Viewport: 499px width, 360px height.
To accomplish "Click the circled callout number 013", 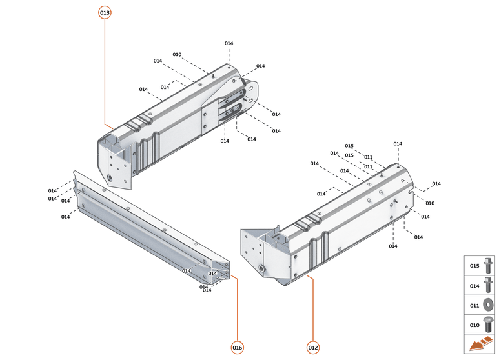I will (x=105, y=13).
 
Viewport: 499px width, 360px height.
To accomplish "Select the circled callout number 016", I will (x=238, y=348).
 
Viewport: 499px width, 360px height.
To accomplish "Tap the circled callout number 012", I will (x=313, y=348).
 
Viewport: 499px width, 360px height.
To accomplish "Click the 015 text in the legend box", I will (x=474, y=266).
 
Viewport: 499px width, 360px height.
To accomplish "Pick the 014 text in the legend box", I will (x=474, y=285).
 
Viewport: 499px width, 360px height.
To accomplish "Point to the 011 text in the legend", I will (x=474, y=305).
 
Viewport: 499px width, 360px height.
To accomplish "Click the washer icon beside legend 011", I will (x=489, y=305).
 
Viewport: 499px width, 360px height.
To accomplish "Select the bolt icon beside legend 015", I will (x=489, y=265).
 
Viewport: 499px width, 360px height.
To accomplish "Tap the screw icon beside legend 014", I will (x=489, y=285).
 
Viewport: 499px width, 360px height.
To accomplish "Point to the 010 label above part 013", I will (x=177, y=55).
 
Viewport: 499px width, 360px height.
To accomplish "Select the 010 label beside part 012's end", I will (x=430, y=203).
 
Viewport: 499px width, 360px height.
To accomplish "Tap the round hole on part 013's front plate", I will (x=112, y=177).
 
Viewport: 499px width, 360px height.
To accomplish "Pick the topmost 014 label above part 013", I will (x=229, y=43).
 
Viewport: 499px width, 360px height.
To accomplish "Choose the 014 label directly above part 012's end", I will (x=398, y=144).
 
